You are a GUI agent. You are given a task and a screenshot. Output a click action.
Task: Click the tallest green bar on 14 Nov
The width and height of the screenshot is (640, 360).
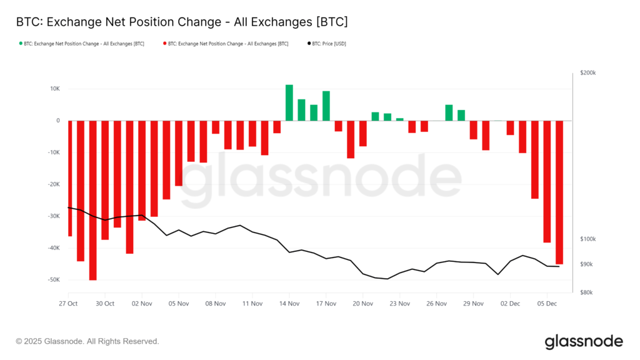pyautogui.click(x=289, y=103)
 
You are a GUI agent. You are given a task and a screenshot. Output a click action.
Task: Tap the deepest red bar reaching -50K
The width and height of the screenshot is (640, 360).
pyautogui.click(x=92, y=200)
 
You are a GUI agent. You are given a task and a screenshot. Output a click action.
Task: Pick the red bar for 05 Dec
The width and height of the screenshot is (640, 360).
pyautogui.click(x=547, y=181)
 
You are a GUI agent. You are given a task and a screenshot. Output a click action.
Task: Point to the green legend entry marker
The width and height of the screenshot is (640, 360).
pyautogui.click(x=21, y=44)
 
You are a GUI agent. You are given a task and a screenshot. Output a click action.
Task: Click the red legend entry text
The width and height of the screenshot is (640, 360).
pyautogui.click(x=228, y=44)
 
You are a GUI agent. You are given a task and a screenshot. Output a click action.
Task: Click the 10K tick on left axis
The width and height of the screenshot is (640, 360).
pyautogui.click(x=54, y=89)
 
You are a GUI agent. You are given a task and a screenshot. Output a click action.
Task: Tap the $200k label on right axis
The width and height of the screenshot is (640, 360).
pyautogui.click(x=587, y=73)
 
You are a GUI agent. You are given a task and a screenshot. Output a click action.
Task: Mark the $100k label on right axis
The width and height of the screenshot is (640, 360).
pyautogui.click(x=587, y=239)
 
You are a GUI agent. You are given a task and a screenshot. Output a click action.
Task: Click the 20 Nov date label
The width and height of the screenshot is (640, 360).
pyautogui.click(x=362, y=304)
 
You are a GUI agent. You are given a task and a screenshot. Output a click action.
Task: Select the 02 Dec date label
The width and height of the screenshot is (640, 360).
pyautogui.click(x=510, y=304)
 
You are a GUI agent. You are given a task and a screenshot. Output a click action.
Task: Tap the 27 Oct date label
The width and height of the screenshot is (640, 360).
pyautogui.click(x=68, y=304)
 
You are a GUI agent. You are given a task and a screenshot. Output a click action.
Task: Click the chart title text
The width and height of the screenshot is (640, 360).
pyautogui.click(x=181, y=22)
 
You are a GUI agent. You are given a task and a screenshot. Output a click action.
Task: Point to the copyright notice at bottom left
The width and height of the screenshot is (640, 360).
pyautogui.click(x=87, y=341)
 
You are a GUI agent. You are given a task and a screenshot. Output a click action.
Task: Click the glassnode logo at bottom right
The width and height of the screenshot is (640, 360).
pyautogui.click(x=583, y=341)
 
